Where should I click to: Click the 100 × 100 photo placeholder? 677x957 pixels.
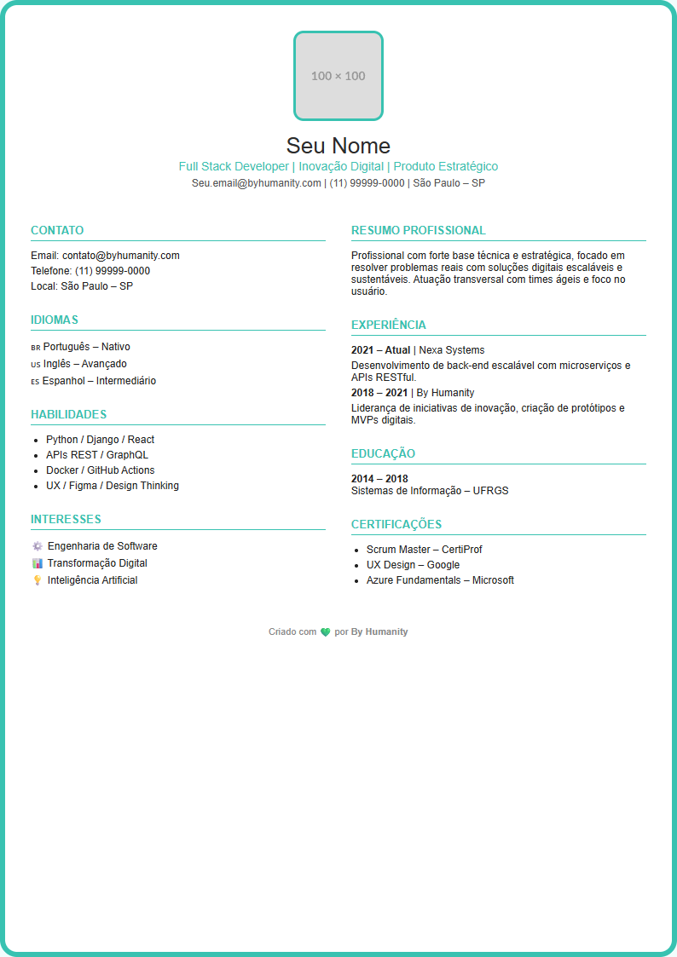point(338,76)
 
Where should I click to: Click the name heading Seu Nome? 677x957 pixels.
point(338,145)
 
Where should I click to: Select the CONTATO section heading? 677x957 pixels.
point(57,230)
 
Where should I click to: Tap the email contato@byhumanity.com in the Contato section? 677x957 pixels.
point(120,256)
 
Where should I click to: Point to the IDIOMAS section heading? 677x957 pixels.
point(55,320)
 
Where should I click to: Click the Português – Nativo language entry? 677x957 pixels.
point(86,347)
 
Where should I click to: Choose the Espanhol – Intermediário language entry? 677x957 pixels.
point(99,381)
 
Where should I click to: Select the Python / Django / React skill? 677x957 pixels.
point(100,440)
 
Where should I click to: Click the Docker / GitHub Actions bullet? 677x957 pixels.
point(100,470)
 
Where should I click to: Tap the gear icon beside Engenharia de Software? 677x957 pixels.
point(37,546)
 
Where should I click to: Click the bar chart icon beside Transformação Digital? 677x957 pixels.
point(37,563)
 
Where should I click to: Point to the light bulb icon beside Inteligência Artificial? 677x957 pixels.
point(37,580)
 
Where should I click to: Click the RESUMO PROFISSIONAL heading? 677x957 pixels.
point(419,230)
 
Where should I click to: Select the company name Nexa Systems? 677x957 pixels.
point(451,350)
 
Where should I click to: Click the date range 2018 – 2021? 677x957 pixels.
point(379,393)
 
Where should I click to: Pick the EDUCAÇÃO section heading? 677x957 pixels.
point(383,453)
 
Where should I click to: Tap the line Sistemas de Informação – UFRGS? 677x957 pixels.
point(430,491)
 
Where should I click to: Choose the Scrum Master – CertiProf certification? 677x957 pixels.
point(424,550)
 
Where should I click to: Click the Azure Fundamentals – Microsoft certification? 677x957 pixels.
point(440,580)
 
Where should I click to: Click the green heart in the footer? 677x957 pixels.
point(325,632)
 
